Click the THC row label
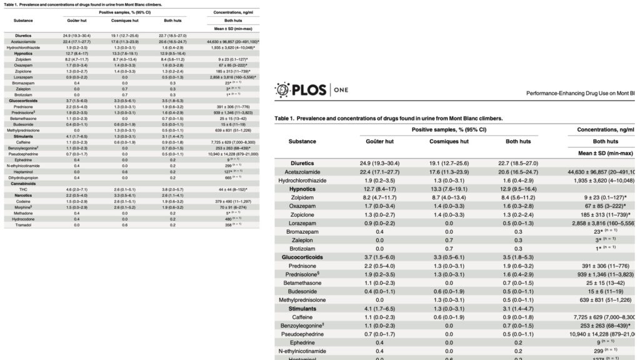coord(23,189)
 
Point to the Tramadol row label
coord(23,224)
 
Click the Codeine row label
coord(23,201)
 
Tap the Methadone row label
coord(23,212)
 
